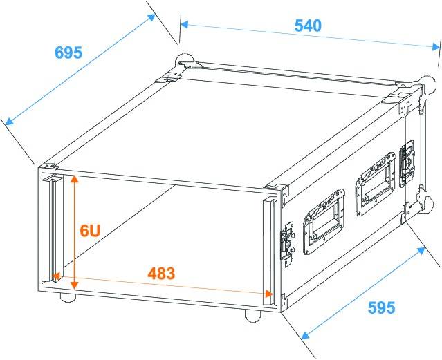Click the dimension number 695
click(x=68, y=53)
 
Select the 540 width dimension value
click(x=308, y=26)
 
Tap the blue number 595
click(x=382, y=305)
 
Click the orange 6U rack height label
click(x=91, y=230)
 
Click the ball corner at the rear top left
click(x=184, y=60)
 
